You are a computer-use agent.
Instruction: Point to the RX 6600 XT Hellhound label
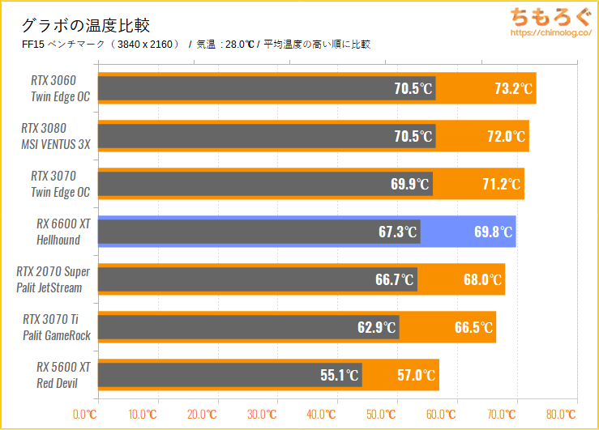(x=61, y=232)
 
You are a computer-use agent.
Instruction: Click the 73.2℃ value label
(x=514, y=89)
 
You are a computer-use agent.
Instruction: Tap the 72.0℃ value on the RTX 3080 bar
(x=507, y=136)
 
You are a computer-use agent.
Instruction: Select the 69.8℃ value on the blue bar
(x=494, y=232)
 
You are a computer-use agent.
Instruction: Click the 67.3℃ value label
(x=399, y=232)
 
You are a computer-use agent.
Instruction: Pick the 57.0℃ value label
(x=417, y=376)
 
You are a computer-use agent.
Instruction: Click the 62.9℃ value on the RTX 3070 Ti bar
(x=378, y=328)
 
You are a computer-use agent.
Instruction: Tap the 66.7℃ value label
(x=396, y=280)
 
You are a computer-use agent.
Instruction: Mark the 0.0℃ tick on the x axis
(x=84, y=415)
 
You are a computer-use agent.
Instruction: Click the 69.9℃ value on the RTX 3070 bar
(x=410, y=184)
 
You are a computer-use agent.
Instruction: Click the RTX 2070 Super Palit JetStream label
(x=53, y=279)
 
